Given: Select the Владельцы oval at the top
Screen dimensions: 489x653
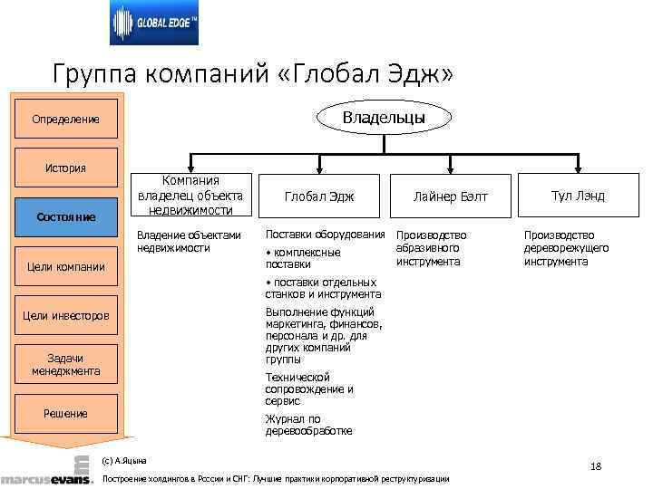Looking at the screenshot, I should pos(383,117).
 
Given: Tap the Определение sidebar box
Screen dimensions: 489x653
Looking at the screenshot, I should pos(65,120).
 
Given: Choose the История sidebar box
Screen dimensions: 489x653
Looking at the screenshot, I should pos(65,168).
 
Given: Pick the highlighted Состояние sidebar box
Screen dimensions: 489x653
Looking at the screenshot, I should pos(65,217).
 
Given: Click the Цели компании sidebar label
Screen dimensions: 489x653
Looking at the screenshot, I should pos(65,267).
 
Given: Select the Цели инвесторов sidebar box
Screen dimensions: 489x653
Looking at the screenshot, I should pos(65,316).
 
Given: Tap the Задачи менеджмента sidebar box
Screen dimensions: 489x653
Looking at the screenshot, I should pos(65,365).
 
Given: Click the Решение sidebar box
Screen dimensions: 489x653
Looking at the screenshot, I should pos(65,414).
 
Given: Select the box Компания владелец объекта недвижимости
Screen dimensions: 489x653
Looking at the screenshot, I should pos(190,196).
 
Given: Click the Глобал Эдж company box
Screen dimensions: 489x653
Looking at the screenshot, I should pos(319,197).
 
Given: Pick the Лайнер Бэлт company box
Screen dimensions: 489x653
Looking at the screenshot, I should pos(450,197).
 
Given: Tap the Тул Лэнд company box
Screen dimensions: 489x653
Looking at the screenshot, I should pos(578,197).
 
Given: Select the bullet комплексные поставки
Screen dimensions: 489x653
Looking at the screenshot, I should pos(303,258).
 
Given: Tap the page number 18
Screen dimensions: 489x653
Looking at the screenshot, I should pos(595,466).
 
